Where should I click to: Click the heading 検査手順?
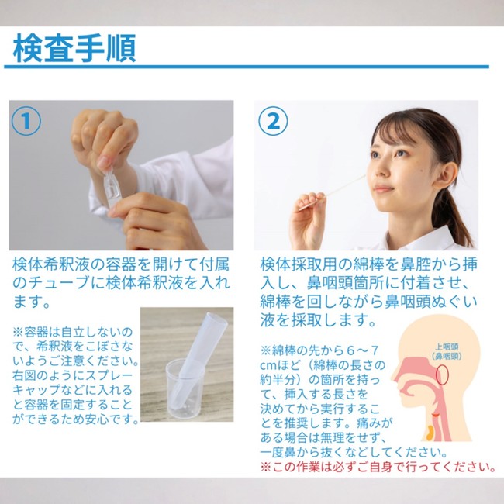click(x=74, y=48)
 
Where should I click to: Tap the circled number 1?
click(x=26, y=121)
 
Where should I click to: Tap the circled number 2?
click(x=273, y=121)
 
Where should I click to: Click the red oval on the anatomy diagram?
click(x=442, y=375)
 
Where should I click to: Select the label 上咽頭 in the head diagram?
click(x=447, y=347)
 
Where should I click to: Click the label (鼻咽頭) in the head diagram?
click(x=447, y=356)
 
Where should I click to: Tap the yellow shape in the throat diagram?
click(x=430, y=433)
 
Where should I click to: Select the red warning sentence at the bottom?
click(x=378, y=466)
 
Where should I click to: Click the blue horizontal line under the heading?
click(x=247, y=67)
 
